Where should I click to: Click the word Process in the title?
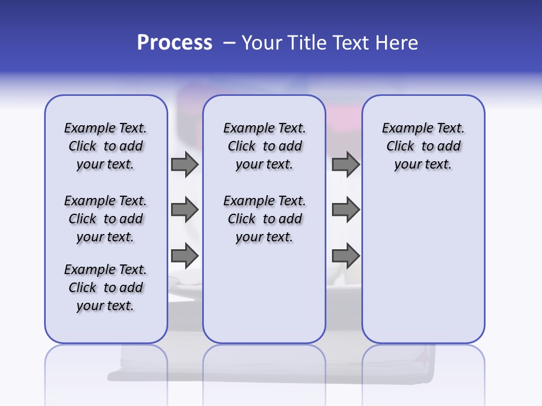[174, 42]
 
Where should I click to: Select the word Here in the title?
[397, 43]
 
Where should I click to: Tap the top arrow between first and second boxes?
[185, 164]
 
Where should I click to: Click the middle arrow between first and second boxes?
[185, 210]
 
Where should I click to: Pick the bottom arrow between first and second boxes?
[185, 256]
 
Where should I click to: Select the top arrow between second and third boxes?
[346, 164]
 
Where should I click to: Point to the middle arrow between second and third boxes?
[346, 210]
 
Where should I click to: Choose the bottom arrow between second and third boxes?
[346, 256]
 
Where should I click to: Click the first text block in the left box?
[106, 146]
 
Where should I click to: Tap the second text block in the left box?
[106, 219]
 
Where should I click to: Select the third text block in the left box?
[106, 288]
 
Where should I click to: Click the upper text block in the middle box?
[264, 146]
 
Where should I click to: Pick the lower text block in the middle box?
[264, 219]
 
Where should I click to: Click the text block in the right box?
[423, 146]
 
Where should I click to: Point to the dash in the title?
[229, 43]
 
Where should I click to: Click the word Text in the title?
[347, 43]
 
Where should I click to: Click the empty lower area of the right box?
[423, 271]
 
